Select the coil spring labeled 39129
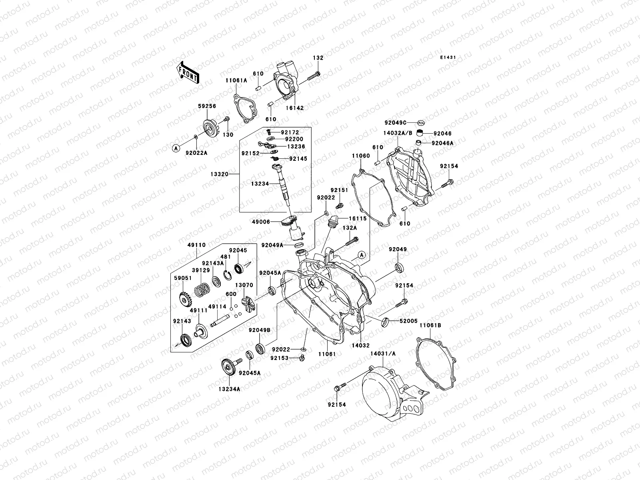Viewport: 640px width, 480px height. tap(202, 287)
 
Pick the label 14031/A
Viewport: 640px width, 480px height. tap(383, 354)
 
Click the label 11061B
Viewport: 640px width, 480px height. tap(430, 325)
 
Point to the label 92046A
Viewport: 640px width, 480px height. tap(442, 143)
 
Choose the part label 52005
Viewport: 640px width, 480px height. tap(408, 321)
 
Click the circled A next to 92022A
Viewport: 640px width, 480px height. tap(175, 148)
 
